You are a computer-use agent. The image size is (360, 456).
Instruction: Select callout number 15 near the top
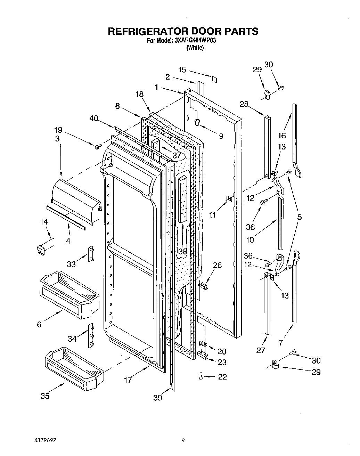pos(182,70)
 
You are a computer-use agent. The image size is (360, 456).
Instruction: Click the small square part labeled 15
pos(214,79)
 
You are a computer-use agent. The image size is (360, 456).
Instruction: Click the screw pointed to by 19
pos(97,147)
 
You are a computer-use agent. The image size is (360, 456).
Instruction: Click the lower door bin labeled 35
pos(74,368)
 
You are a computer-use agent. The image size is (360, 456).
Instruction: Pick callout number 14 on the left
pos(44,222)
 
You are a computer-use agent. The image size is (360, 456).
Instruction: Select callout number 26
pos(217,266)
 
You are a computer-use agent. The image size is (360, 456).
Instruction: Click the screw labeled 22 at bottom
pos(201,376)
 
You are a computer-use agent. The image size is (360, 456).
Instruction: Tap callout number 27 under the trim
pos(261,350)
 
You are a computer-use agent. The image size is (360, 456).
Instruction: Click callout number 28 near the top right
pos(244,104)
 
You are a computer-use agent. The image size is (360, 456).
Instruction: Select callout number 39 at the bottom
pos(158,398)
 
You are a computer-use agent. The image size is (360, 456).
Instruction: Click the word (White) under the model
pos(195,48)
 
